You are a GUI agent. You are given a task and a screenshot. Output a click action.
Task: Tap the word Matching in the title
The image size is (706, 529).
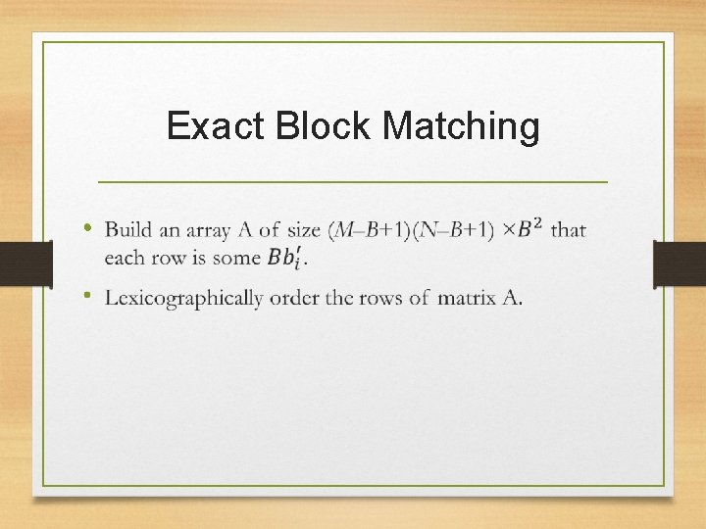click(x=460, y=126)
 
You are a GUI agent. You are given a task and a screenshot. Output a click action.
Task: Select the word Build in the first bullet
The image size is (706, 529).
click(x=128, y=231)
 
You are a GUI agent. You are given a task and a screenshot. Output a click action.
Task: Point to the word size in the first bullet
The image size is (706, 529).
click(x=304, y=231)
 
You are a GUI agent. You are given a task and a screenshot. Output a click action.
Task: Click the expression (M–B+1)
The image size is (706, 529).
click(x=370, y=231)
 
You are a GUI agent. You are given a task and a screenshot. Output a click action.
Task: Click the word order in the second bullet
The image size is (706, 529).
click(x=292, y=298)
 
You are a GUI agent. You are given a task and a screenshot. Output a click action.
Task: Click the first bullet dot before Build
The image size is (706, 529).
click(x=88, y=228)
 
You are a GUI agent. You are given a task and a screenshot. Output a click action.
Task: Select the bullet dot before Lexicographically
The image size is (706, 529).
click(x=88, y=295)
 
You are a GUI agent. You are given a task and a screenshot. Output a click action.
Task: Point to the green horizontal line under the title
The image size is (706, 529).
click(x=353, y=182)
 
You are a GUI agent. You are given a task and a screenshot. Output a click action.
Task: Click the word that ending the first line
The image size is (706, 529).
click(x=568, y=231)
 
